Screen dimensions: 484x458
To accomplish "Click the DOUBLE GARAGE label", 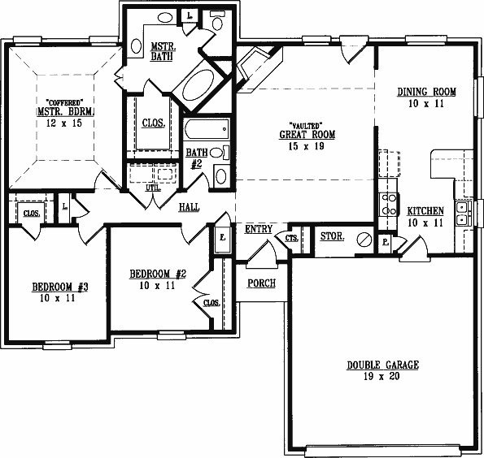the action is click(383, 365).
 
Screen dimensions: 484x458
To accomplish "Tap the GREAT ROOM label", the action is click(307, 135).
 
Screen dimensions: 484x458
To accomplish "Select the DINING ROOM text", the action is click(426, 92).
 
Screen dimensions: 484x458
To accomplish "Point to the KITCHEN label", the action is click(425, 211).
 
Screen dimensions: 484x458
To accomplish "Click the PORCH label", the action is click(261, 283).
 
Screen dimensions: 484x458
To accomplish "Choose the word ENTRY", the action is click(259, 229).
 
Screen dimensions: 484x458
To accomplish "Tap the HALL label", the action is click(189, 207).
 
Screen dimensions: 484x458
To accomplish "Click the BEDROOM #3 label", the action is click(60, 287).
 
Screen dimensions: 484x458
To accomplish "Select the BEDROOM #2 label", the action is click(158, 274).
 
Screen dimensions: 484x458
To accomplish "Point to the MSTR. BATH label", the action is click(163, 51).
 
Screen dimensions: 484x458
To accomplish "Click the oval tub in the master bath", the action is click(198, 84).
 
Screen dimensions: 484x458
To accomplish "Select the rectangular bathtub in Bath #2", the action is click(207, 128).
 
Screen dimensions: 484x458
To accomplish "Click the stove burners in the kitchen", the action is click(389, 204).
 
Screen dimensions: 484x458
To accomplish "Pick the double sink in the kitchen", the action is click(464, 213).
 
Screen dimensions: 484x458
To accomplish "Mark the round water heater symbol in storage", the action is click(364, 240).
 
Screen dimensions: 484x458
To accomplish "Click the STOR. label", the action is click(332, 236).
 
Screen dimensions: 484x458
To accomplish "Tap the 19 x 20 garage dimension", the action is click(382, 376).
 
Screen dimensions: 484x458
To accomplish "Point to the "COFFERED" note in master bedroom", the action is click(65, 102).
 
